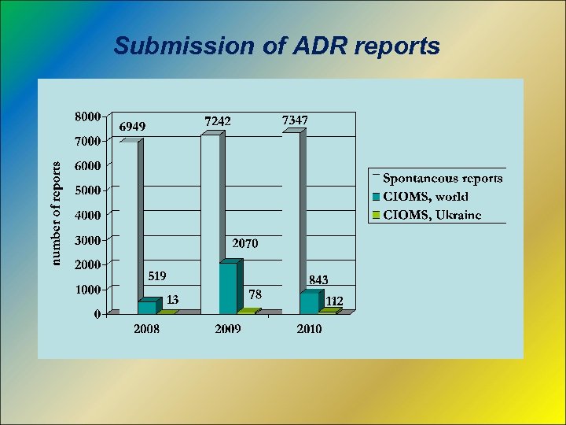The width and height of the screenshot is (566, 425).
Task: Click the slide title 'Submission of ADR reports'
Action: coord(277,46)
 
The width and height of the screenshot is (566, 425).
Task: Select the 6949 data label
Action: coord(132,126)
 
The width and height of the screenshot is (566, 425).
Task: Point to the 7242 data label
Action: coord(219,121)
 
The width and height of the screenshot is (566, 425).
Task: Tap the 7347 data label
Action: coord(295,120)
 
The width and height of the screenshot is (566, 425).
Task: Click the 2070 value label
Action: coord(244,244)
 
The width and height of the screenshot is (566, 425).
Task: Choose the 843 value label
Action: coord(318,279)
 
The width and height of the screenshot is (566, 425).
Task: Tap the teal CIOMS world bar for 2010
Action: coord(309,303)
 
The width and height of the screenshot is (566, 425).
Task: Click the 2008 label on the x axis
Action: coord(146,329)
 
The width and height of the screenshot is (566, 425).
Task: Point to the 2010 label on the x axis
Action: coord(309,329)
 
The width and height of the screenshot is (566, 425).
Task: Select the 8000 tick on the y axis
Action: coord(86,116)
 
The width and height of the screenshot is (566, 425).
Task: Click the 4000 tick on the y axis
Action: coord(86,215)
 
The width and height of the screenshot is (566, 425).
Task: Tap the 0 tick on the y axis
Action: coord(97,314)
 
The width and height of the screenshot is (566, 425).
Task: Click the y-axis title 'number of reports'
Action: coord(56,213)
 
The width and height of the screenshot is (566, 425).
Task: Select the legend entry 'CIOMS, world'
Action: coord(425,197)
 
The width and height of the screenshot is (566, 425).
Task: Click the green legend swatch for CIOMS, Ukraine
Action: coord(376,215)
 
